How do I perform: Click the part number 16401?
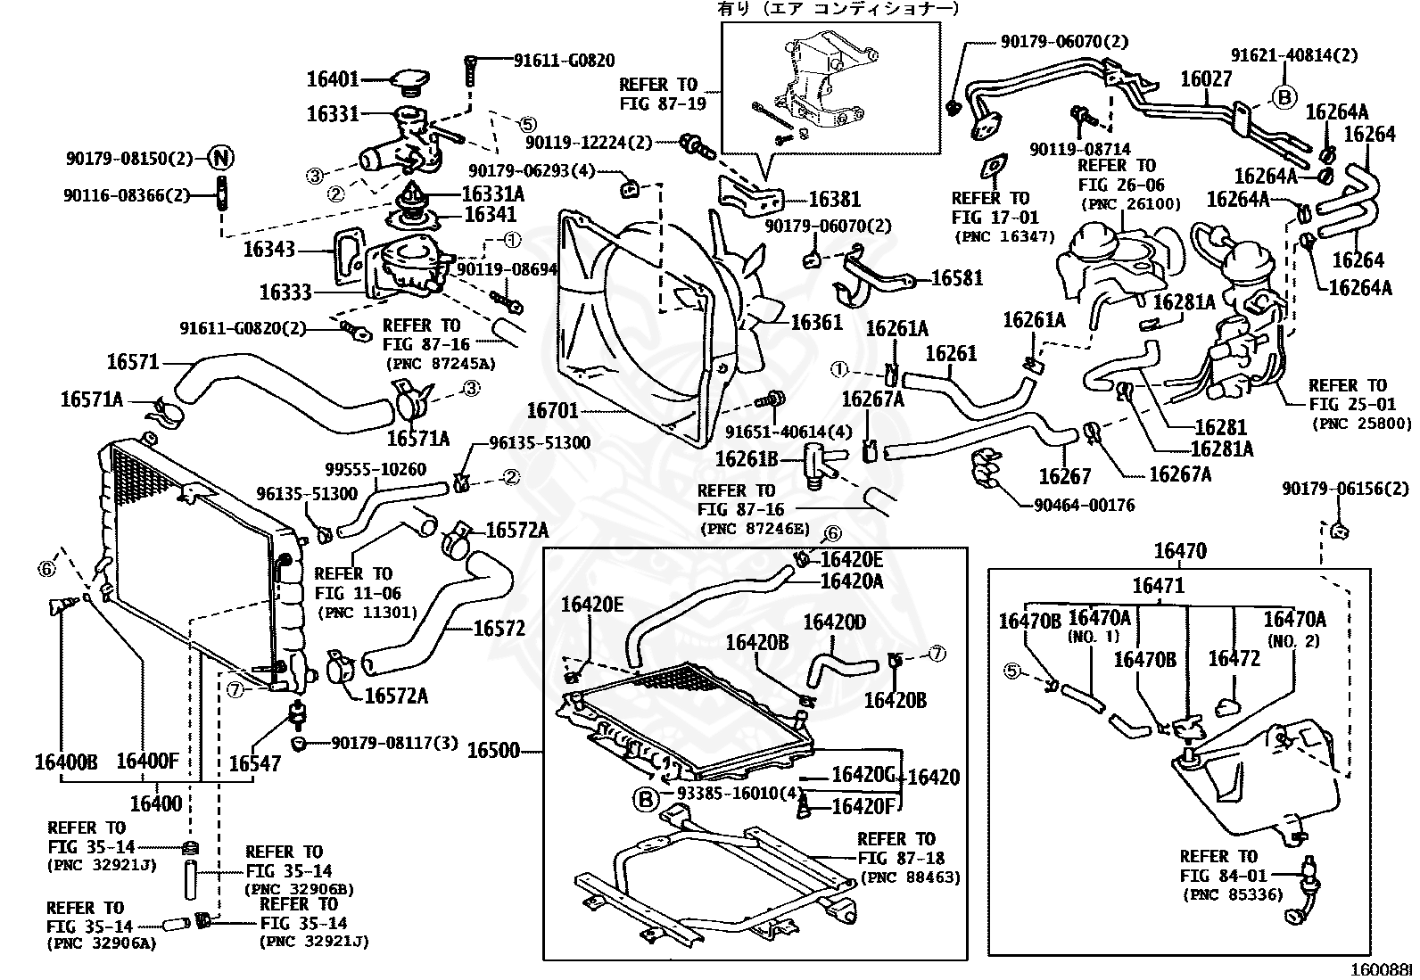click(333, 79)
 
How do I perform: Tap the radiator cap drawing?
click(409, 82)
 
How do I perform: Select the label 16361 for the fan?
click(816, 322)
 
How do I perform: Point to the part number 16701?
click(553, 411)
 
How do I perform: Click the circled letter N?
click(221, 158)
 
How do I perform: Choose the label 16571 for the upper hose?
click(133, 362)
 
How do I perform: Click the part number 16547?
click(255, 764)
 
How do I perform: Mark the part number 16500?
click(493, 751)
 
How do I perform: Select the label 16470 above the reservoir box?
click(1180, 551)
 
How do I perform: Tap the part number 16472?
click(1234, 659)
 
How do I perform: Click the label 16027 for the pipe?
click(1206, 79)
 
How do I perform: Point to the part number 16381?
click(835, 200)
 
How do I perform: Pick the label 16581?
click(957, 277)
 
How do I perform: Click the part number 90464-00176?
click(1084, 506)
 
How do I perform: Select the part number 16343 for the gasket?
click(269, 250)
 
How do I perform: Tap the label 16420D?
click(835, 622)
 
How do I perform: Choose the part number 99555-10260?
click(376, 469)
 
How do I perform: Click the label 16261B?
click(747, 459)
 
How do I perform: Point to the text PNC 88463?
click(911, 877)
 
